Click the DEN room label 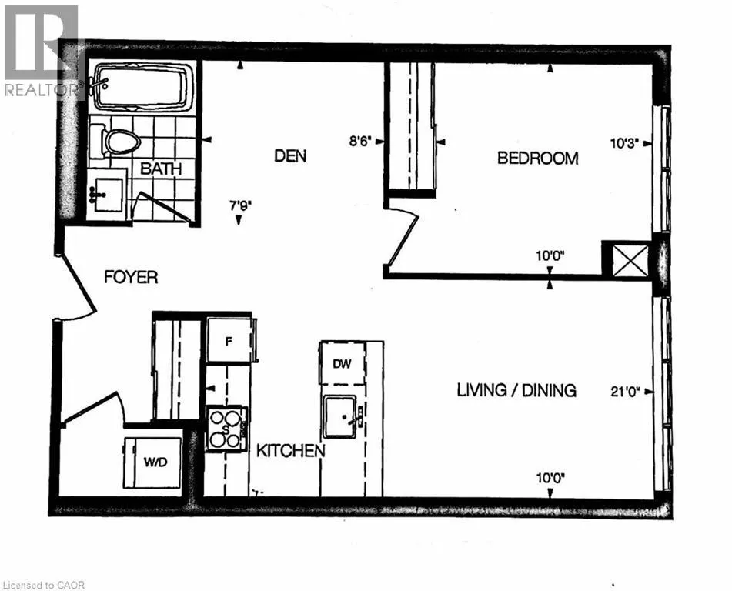(290, 156)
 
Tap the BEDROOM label (538, 159)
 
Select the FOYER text (131, 277)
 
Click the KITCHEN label (291, 451)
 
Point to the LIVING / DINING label (516, 390)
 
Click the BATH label (161, 169)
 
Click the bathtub (144, 87)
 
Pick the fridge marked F (229, 340)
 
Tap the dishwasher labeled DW (343, 364)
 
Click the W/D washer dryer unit (152, 462)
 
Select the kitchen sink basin (341, 417)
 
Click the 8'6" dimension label (360, 141)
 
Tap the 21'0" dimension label (625, 392)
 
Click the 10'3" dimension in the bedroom (624, 143)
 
